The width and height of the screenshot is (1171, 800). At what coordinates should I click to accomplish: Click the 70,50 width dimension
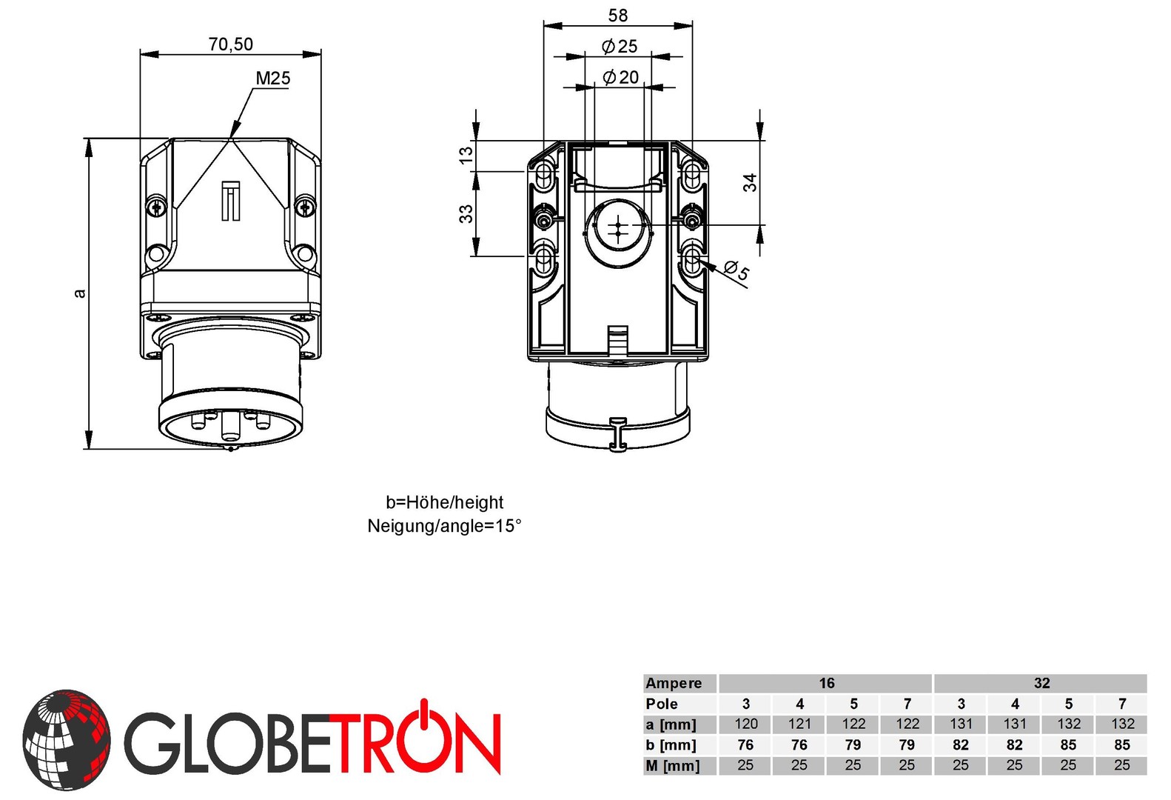point(230,44)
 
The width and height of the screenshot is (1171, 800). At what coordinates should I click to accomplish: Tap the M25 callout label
point(272,79)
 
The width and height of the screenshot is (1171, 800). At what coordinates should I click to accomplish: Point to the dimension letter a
point(80,293)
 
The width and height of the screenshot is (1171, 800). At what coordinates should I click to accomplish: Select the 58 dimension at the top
point(617,16)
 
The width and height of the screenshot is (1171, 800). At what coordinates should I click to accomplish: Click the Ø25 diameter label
point(620,47)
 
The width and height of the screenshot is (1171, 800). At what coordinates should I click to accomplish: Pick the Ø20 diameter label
point(620,77)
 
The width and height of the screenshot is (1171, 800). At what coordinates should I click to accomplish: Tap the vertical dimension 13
point(466,155)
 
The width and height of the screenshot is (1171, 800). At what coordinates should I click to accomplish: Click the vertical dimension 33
point(466,214)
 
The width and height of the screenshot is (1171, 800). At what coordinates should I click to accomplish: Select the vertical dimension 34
point(750,182)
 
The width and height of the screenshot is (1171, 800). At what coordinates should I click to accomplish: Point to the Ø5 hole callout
point(737,270)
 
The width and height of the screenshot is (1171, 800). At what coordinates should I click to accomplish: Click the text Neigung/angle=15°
point(444,526)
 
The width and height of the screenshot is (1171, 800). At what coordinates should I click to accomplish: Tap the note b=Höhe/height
point(444,502)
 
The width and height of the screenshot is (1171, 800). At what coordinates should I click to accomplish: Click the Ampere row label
point(674,683)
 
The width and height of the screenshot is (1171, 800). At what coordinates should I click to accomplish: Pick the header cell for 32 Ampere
point(1041,683)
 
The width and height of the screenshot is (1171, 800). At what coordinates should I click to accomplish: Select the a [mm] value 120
point(745,724)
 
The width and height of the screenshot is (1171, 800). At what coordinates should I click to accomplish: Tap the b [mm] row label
point(671,744)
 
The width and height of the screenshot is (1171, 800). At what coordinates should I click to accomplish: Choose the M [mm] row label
point(672,765)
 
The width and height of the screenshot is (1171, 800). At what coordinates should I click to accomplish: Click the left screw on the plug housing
point(156,206)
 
